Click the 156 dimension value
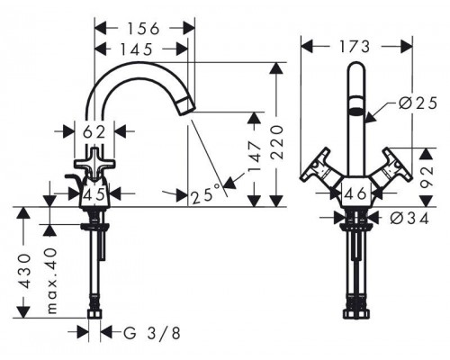coord(143,29)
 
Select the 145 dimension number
coord(137,49)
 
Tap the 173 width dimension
coord(355,47)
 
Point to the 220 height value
coord(277,142)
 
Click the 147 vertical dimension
coord(255,157)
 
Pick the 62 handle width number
coord(94,132)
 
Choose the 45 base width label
coord(94,194)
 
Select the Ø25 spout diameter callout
coord(418,103)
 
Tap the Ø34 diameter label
coord(409,219)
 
